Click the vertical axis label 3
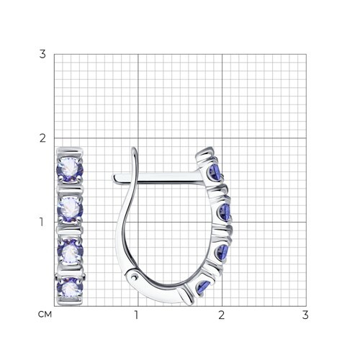click(x=42, y=54)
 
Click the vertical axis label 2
click(x=42, y=138)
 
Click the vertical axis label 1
click(x=42, y=222)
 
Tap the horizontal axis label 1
click(x=136, y=315)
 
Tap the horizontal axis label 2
click(x=222, y=315)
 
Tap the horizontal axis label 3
click(x=305, y=315)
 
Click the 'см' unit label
click(x=45, y=315)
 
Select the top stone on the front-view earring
click(x=70, y=170)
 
